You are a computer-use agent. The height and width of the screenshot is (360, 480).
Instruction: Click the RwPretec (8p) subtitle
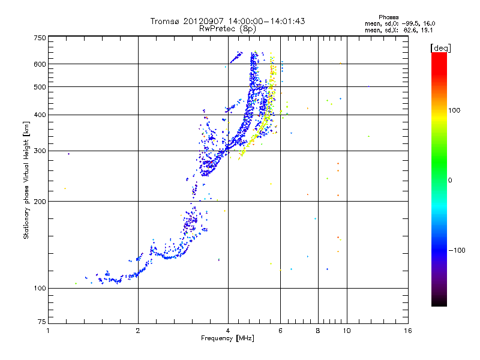pyautogui.click(x=227, y=29)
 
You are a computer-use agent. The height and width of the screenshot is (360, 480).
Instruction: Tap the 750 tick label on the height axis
pyautogui.click(x=40, y=38)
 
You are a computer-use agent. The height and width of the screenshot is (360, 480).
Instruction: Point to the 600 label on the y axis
pyautogui.click(x=40, y=64)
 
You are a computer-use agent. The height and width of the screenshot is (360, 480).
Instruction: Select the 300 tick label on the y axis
pyautogui.click(x=40, y=151)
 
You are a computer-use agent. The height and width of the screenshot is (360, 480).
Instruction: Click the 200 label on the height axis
pyautogui.click(x=40, y=202)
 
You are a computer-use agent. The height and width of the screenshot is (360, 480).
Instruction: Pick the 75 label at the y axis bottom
pyautogui.click(x=42, y=322)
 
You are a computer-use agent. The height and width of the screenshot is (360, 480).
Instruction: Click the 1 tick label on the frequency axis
pyautogui.click(x=48, y=331)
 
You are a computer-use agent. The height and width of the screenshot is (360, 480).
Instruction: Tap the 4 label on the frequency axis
pyautogui.click(x=228, y=331)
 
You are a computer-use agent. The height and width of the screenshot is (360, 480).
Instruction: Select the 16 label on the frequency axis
pyautogui.click(x=408, y=331)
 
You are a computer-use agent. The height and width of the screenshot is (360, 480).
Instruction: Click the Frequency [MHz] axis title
pyautogui.click(x=227, y=338)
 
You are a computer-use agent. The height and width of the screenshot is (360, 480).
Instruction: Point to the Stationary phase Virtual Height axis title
pyautogui.click(x=26, y=180)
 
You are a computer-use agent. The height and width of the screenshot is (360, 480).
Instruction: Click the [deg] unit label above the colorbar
pyautogui.click(x=440, y=48)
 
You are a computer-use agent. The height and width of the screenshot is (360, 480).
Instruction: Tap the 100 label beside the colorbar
pyautogui.click(x=454, y=110)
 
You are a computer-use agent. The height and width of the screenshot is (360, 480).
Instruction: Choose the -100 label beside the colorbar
pyautogui.click(x=457, y=250)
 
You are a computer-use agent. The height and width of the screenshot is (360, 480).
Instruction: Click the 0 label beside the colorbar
pyautogui.click(x=450, y=181)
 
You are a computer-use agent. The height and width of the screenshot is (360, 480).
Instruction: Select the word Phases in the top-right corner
pyautogui.click(x=389, y=17)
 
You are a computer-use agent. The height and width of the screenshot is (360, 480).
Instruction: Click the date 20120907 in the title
pyautogui.click(x=203, y=21)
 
